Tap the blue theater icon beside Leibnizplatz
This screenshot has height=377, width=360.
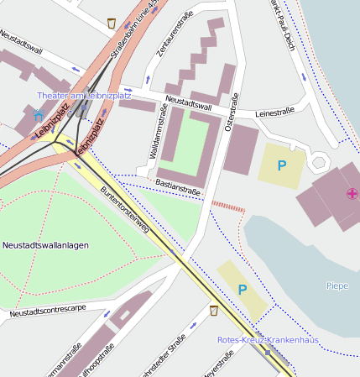pyautogui.click(x=37, y=113)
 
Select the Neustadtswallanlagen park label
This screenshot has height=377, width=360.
pyautogui.click(x=45, y=245)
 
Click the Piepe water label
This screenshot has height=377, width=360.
pyautogui.click(x=337, y=286)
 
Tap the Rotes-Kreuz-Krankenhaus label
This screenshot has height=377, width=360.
pyautogui.click(x=268, y=340)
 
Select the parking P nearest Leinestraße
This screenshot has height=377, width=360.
pyautogui.click(x=282, y=165)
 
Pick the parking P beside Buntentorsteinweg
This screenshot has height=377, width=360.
pyautogui.click(x=242, y=290)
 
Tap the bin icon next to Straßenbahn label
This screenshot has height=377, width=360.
pyautogui.click(x=112, y=23)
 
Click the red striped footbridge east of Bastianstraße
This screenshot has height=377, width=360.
pyautogui.click(x=227, y=204)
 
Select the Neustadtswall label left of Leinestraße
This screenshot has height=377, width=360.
pyautogui.click(x=188, y=104)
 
